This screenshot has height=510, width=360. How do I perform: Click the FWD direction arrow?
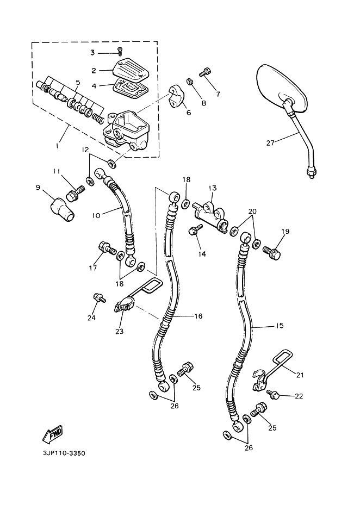point(53,434)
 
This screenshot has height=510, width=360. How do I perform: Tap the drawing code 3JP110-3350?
point(64,453)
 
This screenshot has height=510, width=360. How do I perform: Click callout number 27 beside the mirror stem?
point(270,142)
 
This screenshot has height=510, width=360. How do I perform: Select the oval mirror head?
point(282,88)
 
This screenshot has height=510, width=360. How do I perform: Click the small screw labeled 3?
point(120,51)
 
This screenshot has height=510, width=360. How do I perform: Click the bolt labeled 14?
point(194,230)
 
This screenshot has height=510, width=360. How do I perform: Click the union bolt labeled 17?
point(107,250)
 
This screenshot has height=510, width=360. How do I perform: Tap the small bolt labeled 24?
point(99,297)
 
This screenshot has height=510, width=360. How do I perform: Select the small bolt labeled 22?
point(274,395)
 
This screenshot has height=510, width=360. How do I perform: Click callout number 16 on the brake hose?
point(198,316)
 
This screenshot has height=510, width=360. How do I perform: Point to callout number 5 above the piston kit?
point(77,83)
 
